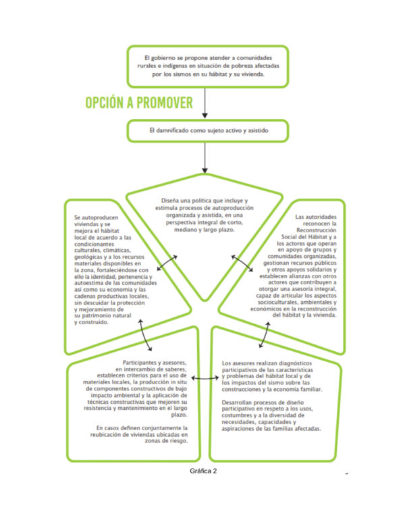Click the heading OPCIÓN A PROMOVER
139,103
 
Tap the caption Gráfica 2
203,471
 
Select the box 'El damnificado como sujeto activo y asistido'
207,131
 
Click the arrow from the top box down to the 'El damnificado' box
205,103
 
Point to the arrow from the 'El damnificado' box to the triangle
205,158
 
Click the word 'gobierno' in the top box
164,58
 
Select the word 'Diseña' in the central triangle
170,201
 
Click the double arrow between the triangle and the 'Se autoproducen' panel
167,263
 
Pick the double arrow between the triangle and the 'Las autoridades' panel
242,263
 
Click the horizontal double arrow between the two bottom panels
205,378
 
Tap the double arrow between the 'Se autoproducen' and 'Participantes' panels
145,335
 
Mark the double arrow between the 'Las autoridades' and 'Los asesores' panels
265,335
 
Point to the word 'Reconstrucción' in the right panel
317,230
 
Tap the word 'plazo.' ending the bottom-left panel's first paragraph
180,415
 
